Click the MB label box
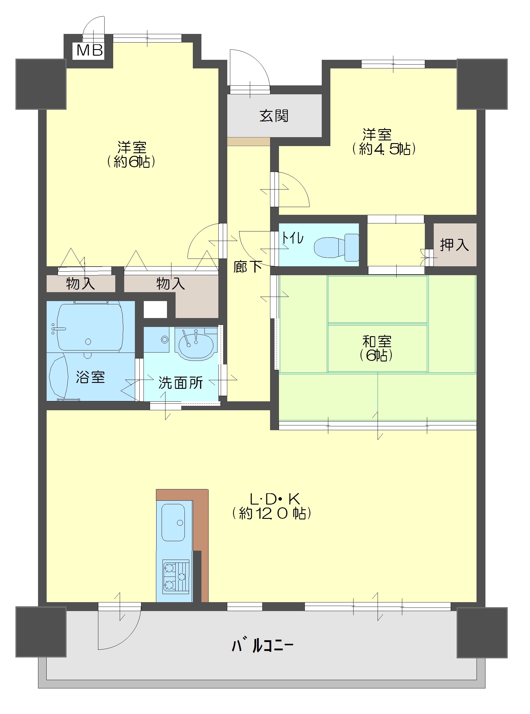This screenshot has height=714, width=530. pos(89,51)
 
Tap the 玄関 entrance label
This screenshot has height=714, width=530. pos(274,116)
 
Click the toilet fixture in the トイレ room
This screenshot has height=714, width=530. pos(337,247)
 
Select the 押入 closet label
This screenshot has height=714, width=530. pos(454,245)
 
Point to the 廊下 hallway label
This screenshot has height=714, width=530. pos(247,267)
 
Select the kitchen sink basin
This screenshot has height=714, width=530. pos(173,522)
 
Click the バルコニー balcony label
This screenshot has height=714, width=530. pos(262,645)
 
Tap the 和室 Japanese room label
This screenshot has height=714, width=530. pos(377,342)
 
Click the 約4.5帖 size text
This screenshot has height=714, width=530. pos(384,149)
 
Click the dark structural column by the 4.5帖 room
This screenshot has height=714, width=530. pos(482,84)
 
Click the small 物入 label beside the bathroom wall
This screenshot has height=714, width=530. pos(81,284)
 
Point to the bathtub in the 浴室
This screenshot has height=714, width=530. pos(90,328)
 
